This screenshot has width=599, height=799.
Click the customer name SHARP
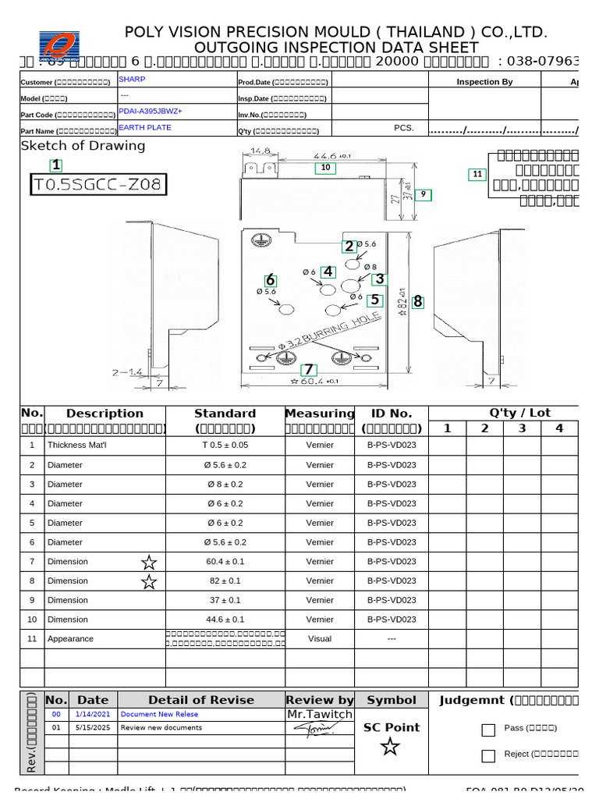pyautogui.click(x=132, y=79)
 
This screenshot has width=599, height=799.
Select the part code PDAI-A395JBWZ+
pyautogui.click(x=150, y=111)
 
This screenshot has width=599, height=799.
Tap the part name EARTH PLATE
pyautogui.click(x=145, y=127)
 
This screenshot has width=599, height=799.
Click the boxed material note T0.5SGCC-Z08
pyautogui.click(x=98, y=184)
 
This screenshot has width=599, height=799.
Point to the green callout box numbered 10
pyautogui.click(x=325, y=168)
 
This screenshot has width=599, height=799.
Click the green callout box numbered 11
pyautogui.click(x=477, y=175)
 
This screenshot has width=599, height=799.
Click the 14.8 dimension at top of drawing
pyautogui.click(x=260, y=151)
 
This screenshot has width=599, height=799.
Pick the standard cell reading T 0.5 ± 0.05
pyautogui.click(x=225, y=445)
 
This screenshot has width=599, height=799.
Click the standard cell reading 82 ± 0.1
pyautogui.click(x=225, y=581)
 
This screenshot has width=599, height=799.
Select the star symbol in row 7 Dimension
pyautogui.click(x=148, y=562)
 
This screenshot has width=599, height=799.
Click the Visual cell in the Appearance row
pyautogui.click(x=320, y=638)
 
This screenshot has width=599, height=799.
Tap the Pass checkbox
pyautogui.click(x=488, y=730)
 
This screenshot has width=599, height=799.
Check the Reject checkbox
pyautogui.click(x=488, y=755)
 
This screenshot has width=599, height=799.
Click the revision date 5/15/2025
pyautogui.click(x=93, y=727)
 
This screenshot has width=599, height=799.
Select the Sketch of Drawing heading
pyautogui.click(x=83, y=146)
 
